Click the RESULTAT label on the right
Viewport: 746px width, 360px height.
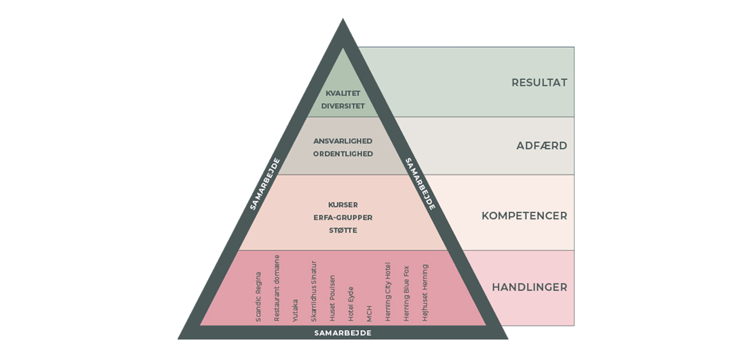point(539,82)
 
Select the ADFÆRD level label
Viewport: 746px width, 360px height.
point(541,146)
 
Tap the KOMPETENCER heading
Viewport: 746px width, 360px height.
point(524,215)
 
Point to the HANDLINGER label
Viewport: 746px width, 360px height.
point(529,287)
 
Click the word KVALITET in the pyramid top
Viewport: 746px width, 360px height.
point(343,93)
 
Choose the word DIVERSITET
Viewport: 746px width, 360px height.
point(343,106)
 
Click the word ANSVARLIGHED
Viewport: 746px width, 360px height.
point(343,141)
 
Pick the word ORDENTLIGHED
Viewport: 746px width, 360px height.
point(343,154)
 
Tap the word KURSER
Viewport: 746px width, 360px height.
point(343,205)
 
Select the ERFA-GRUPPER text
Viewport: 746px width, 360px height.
point(343,218)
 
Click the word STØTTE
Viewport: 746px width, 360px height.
point(343,230)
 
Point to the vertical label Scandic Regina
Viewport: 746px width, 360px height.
point(258,297)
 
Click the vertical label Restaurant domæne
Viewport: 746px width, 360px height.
point(277,288)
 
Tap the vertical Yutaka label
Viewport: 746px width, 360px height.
point(295,310)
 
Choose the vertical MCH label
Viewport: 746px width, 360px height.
point(369,314)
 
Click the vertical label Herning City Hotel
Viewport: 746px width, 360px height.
point(388,292)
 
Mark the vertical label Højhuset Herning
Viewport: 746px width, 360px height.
point(425,293)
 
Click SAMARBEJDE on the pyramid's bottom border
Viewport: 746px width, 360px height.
point(343,333)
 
